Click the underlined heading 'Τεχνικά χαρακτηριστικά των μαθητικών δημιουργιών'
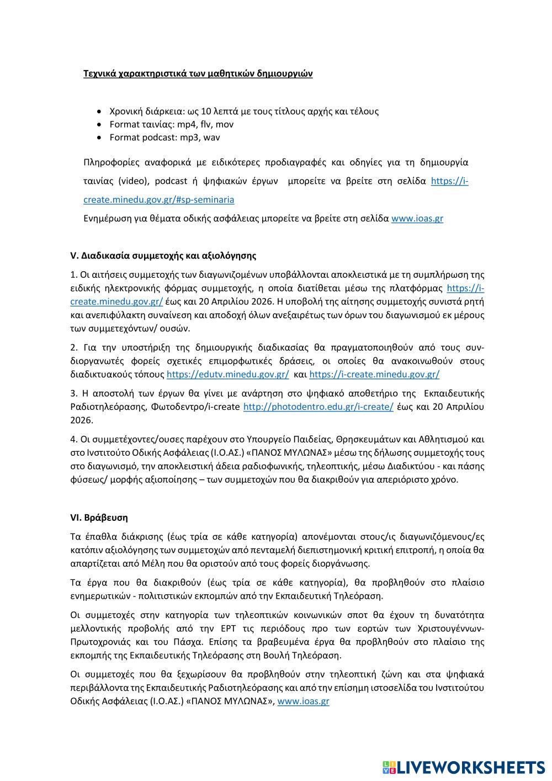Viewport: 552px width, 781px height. point(198,73)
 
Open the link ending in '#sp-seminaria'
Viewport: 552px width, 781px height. point(158,199)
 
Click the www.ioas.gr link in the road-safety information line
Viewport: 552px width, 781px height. point(417,218)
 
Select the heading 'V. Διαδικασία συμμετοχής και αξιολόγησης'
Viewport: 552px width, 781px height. point(163,256)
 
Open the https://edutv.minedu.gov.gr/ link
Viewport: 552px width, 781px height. point(227,374)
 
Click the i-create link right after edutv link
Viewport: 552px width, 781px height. point(374,374)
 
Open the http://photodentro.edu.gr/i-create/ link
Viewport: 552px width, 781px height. point(318,407)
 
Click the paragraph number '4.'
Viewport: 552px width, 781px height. point(75,440)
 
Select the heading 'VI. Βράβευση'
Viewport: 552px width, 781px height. point(99,518)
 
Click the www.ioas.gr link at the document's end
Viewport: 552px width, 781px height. point(303,701)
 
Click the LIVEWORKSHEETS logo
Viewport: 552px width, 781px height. point(463,767)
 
